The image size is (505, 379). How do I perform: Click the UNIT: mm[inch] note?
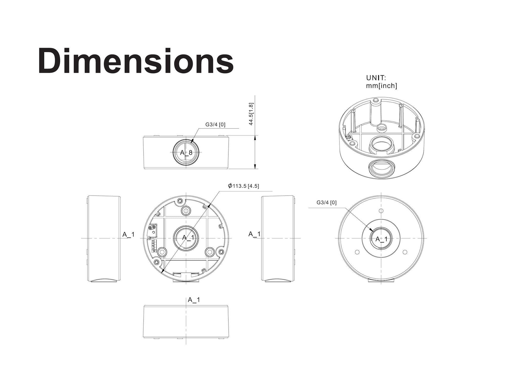[381, 82]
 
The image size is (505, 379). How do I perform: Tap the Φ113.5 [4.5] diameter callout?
[243, 186]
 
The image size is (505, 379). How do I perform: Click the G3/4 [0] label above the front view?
[215, 124]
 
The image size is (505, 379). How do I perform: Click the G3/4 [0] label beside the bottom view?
[326, 202]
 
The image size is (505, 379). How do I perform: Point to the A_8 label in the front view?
[186, 153]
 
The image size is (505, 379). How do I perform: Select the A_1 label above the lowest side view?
[194, 300]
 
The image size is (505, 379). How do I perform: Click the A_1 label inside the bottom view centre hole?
[381, 239]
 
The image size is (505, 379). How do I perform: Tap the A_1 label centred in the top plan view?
[188, 237]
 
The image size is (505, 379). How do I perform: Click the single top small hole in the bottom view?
[381, 211]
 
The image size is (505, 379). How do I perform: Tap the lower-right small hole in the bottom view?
[405, 252]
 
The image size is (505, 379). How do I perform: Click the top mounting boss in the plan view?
[186, 210]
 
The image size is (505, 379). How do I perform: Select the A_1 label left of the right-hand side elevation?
[254, 234]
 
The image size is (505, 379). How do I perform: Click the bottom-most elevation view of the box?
[186, 322]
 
